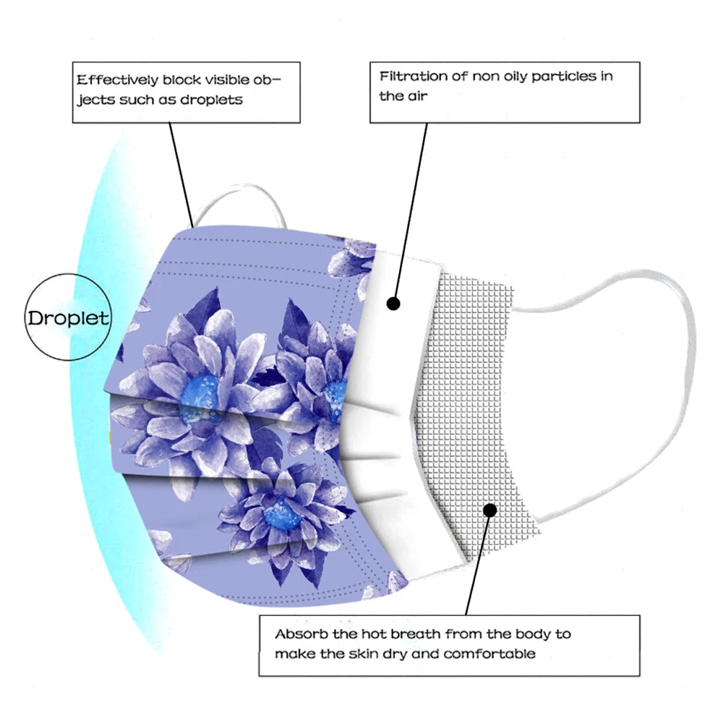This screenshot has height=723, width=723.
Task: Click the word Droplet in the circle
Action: tap(69, 317)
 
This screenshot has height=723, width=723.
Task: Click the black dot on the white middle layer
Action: tap(393, 303)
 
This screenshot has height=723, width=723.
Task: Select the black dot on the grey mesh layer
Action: tap(490, 510)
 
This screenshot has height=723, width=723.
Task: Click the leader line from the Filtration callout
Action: tap(412, 210)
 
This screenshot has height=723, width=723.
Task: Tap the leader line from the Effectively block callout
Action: tap(181, 174)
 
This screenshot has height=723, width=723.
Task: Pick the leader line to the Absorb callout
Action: tap(477, 564)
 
